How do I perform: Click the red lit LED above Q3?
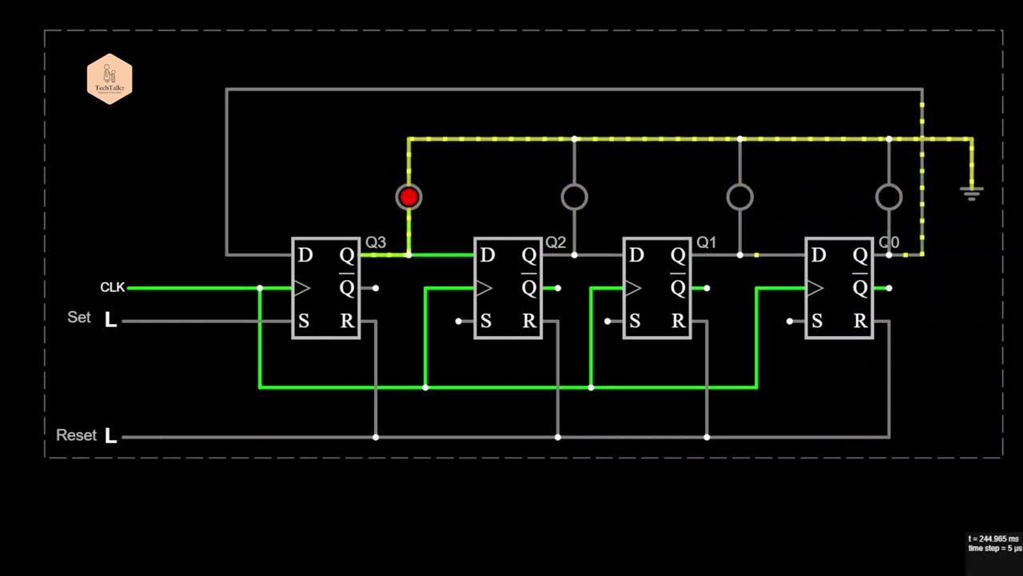click(x=408, y=197)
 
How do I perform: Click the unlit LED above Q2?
click(x=574, y=197)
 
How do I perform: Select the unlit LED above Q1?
click(x=739, y=197)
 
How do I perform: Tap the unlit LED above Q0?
click(x=889, y=197)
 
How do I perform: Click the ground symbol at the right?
click(x=972, y=194)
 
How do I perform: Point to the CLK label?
click(x=112, y=287)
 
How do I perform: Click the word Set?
click(x=79, y=318)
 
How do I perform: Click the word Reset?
click(x=76, y=435)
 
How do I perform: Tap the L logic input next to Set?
click(x=110, y=321)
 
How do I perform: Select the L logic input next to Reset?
click(x=110, y=437)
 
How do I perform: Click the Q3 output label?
click(x=376, y=242)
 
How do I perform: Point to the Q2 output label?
click(x=555, y=242)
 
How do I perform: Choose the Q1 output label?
click(x=707, y=242)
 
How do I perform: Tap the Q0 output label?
click(x=889, y=242)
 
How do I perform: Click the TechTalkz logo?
click(x=109, y=79)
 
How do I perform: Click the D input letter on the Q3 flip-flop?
click(x=305, y=256)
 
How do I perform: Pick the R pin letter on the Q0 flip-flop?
click(x=860, y=322)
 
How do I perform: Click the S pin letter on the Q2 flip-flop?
click(x=486, y=322)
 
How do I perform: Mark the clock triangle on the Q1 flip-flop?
click(x=633, y=288)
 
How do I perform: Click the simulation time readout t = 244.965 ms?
click(x=993, y=539)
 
